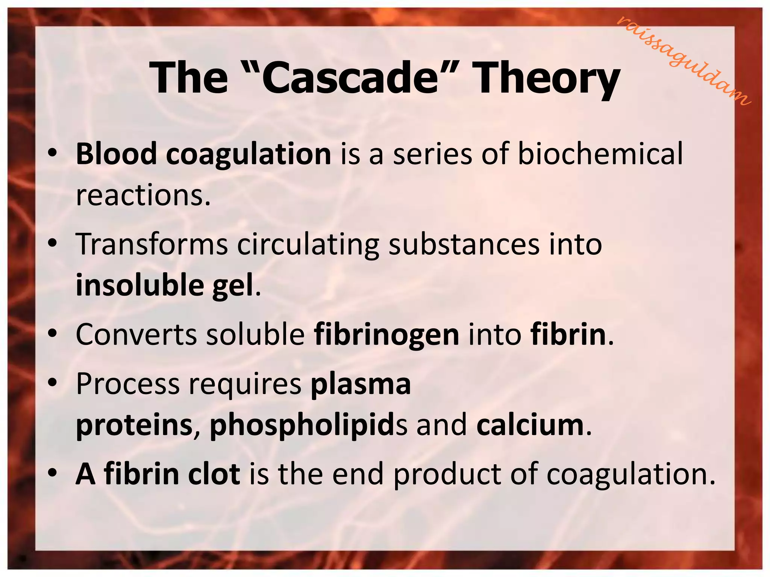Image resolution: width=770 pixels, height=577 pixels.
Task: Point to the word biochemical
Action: tap(600, 154)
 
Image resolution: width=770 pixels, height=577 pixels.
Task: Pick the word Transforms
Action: tap(152, 244)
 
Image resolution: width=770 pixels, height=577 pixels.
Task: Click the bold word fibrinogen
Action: tap(387, 334)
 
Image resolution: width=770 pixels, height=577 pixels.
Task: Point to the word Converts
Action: tap(136, 334)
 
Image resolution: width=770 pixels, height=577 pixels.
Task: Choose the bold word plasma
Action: tap(361, 384)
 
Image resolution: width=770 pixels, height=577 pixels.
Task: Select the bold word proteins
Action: tap(134, 426)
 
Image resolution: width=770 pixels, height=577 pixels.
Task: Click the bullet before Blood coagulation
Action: tap(53, 153)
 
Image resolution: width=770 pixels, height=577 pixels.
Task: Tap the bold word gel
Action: tap(233, 286)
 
